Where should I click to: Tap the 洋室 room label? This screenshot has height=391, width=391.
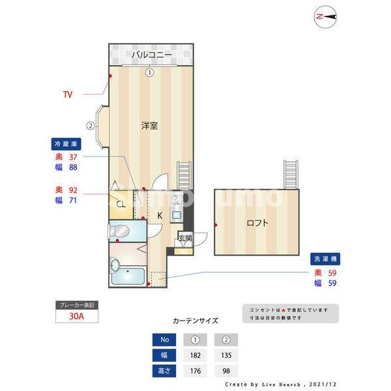coord(150,126)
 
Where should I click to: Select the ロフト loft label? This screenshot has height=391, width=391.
coord(257,223)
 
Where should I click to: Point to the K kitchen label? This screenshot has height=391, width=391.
coord(158,215)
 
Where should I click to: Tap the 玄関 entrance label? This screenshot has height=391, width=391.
coord(185,239)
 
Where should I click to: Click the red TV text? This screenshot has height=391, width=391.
coord(68,94)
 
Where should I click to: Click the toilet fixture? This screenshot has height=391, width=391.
coord(124,232)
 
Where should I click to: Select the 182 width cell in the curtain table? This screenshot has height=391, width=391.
coord(194,355)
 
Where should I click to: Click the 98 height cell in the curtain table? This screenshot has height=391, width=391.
coord(226,371)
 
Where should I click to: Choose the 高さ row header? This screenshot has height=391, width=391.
coord(164,371)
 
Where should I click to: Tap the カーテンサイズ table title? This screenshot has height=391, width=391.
coord(195,321)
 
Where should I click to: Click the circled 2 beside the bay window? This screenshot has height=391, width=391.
coord(91,125)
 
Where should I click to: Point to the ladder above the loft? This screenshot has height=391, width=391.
coord(290,174)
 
